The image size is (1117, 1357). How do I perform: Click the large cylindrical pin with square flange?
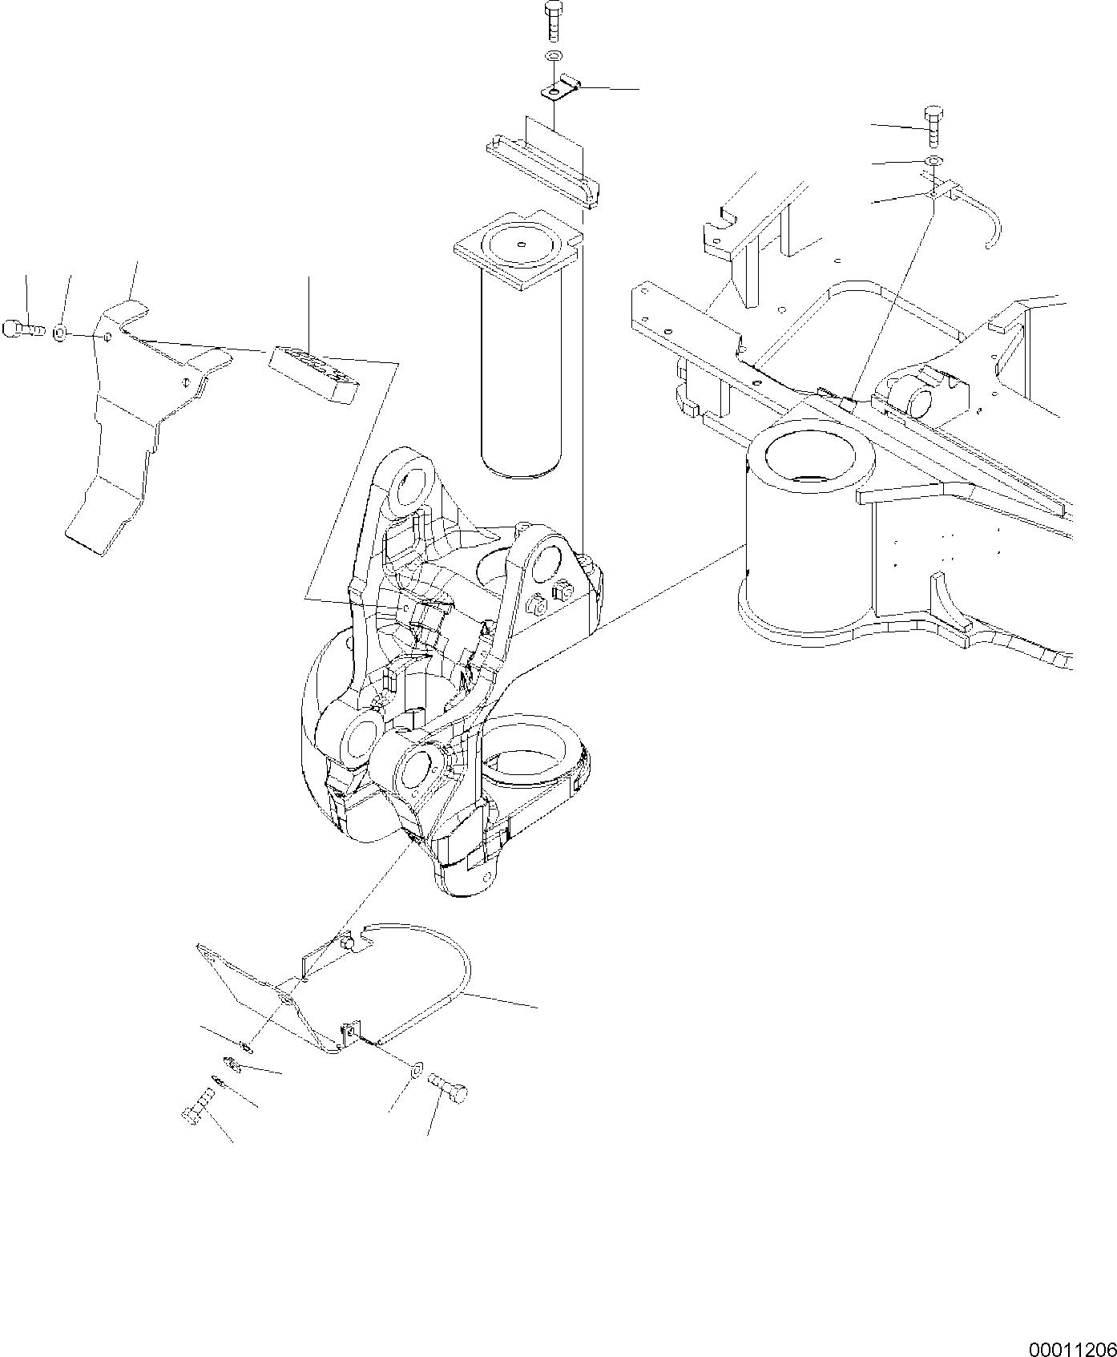(520, 361)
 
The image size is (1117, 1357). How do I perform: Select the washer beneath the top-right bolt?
(934, 163)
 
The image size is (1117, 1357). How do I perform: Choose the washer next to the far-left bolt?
(61, 331)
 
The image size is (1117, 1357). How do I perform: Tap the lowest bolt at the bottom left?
(196, 1108)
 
